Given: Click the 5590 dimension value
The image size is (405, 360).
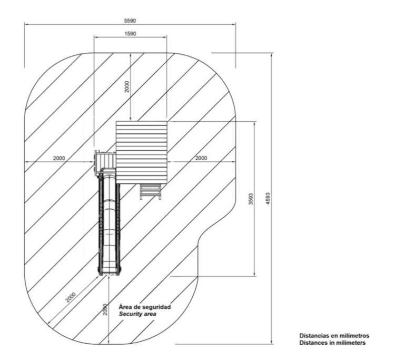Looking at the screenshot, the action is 130,21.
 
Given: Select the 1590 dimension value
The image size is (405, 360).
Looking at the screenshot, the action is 130,34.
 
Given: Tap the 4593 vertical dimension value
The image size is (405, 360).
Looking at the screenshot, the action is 268,199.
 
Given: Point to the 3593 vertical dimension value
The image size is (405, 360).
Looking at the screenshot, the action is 251,199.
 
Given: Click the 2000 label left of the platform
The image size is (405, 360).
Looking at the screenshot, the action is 59,158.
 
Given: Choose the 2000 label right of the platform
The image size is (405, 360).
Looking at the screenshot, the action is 201,158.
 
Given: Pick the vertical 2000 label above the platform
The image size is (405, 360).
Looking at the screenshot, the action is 127,86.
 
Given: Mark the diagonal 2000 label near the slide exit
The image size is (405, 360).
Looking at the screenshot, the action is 71,297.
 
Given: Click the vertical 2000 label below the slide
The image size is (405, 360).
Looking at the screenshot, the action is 105,309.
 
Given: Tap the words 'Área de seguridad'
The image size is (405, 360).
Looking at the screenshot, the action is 145,307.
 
